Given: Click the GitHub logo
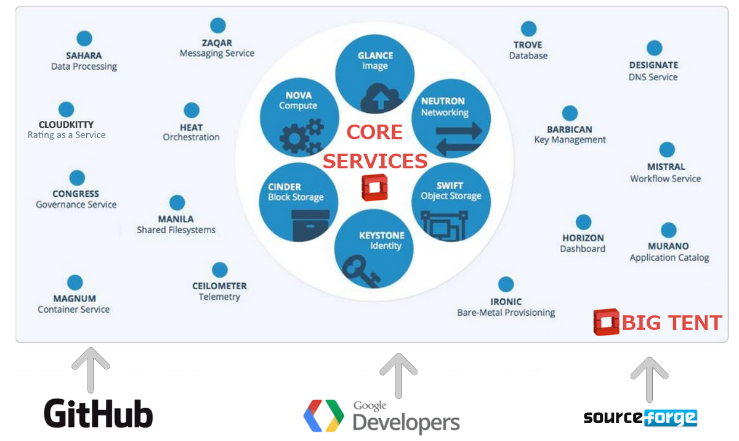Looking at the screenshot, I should tap(99, 413).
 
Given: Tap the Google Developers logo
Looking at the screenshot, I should tap(382, 416).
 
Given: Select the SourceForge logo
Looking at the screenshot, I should tap(640, 418).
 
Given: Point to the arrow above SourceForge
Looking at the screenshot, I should tap(648, 378).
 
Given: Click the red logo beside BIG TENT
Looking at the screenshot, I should tap(606, 322).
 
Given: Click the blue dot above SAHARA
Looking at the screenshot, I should tap(84, 38).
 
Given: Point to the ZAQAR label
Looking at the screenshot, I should tap(217, 43).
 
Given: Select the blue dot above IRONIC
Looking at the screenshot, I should tap(506, 284).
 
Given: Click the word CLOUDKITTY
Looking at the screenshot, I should tap(66, 125).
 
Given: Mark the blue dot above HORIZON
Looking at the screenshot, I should tap(583, 222).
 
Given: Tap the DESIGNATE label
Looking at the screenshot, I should tap(653, 65).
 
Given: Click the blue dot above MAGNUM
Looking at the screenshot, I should tap(75, 283).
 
